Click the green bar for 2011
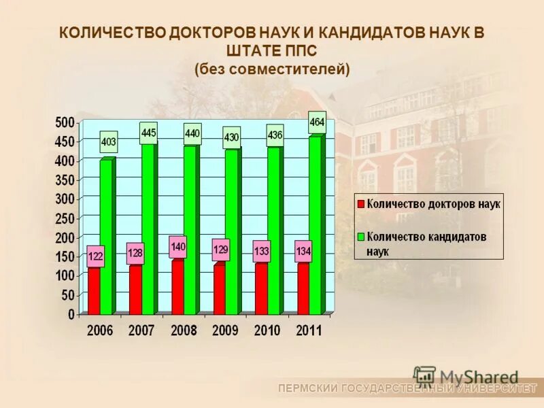pyautogui.click(x=316, y=224)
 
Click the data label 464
pyautogui.click(x=317, y=122)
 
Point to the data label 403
pyautogui.click(x=108, y=142)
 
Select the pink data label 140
pyautogui.click(x=178, y=246)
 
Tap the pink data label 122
pyautogui.click(x=96, y=256)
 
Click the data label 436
pyautogui.click(x=275, y=135)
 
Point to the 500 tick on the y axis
pyautogui.click(x=65, y=122)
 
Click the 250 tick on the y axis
pyautogui.click(x=65, y=218)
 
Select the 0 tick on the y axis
pyautogui.click(x=71, y=315)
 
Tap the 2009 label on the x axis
pyautogui.click(x=224, y=331)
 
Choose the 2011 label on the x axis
pyautogui.click(x=308, y=331)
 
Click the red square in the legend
pyautogui.click(x=361, y=203)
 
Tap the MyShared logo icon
pyautogui.click(x=424, y=377)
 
